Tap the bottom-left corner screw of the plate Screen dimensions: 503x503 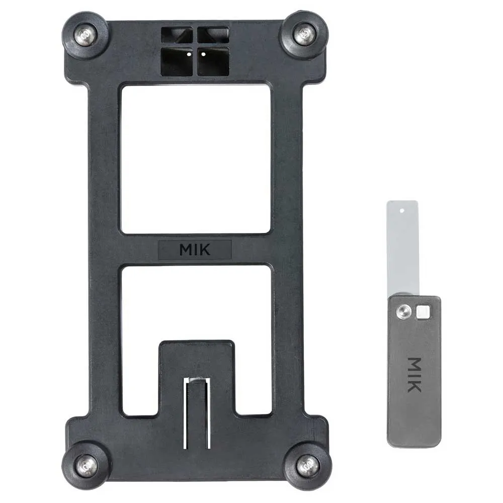point(87,466)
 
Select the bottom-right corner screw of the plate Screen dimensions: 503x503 point(307,465)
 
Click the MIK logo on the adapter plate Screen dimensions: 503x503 point(195,249)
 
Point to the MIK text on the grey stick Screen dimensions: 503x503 point(414,375)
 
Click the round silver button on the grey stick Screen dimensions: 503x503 point(404,312)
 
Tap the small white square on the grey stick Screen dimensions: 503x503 point(424,312)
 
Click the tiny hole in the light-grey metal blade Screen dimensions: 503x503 point(402,211)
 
